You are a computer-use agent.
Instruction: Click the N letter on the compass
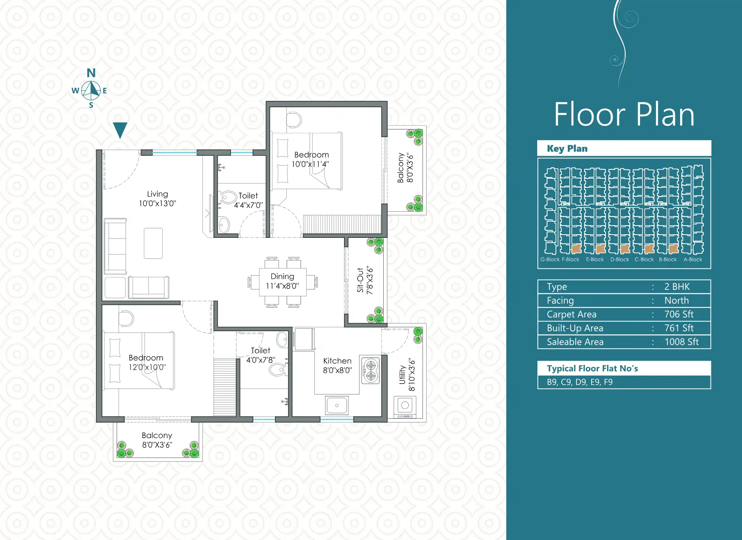pyautogui.click(x=91, y=73)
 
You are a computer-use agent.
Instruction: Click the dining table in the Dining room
pyautogui.click(x=283, y=282)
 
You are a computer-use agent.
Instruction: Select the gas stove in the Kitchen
pyautogui.click(x=371, y=370)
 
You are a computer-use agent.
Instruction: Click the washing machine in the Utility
pyautogui.click(x=405, y=406)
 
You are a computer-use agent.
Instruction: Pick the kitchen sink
pyautogui.click(x=337, y=405)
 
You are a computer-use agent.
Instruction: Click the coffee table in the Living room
pyautogui.click(x=153, y=243)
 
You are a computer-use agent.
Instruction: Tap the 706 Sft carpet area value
pyautogui.click(x=679, y=314)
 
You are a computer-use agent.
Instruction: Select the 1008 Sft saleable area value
pyautogui.click(x=681, y=342)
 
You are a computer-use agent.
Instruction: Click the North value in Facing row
pyautogui.click(x=677, y=301)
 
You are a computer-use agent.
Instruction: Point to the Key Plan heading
pyautogui.click(x=567, y=148)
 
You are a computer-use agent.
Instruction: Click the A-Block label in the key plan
pyautogui.click(x=693, y=259)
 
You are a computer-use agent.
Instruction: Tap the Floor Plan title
pyautogui.click(x=624, y=114)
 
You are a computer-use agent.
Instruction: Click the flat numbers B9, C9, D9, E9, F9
pyautogui.click(x=580, y=382)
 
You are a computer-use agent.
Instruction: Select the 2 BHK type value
pyautogui.click(x=677, y=287)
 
